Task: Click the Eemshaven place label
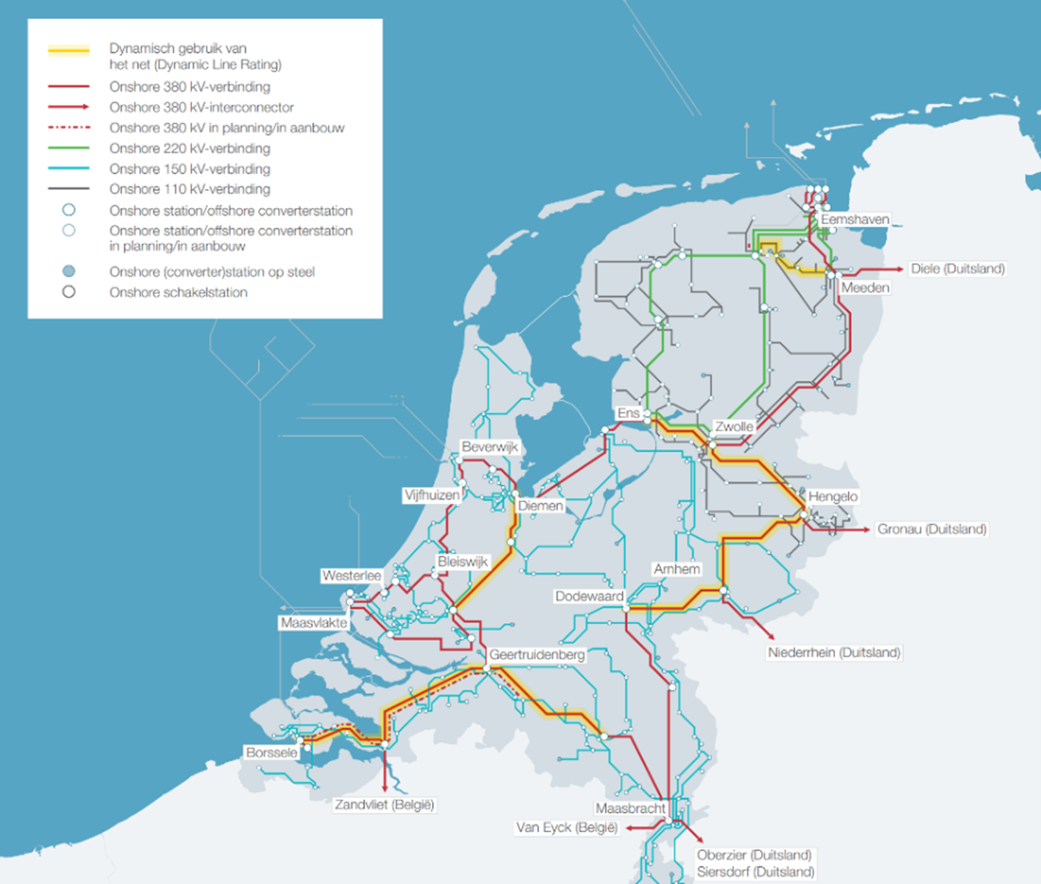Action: tap(854, 219)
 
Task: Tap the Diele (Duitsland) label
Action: tap(957, 269)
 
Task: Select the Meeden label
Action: tap(865, 288)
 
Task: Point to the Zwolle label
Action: tap(734, 426)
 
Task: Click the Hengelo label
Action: tap(833, 496)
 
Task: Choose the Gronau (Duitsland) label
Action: tap(932, 529)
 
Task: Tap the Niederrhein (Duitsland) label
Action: tap(834, 653)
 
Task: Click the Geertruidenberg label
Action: tap(537, 654)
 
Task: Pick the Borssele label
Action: tap(271, 753)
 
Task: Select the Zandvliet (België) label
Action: tap(384, 804)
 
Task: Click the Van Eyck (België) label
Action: tap(566, 827)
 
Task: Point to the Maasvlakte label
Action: tap(314, 623)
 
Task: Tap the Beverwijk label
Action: tap(490, 447)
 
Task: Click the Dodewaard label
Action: tap(589, 596)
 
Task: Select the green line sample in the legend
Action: tap(68, 148)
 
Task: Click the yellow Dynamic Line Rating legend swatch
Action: tap(68, 51)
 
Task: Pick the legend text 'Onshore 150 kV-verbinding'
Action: tap(189, 168)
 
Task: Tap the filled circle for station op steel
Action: tap(68, 272)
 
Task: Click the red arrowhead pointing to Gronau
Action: tap(866, 529)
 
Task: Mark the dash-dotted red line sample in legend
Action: tap(68, 127)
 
